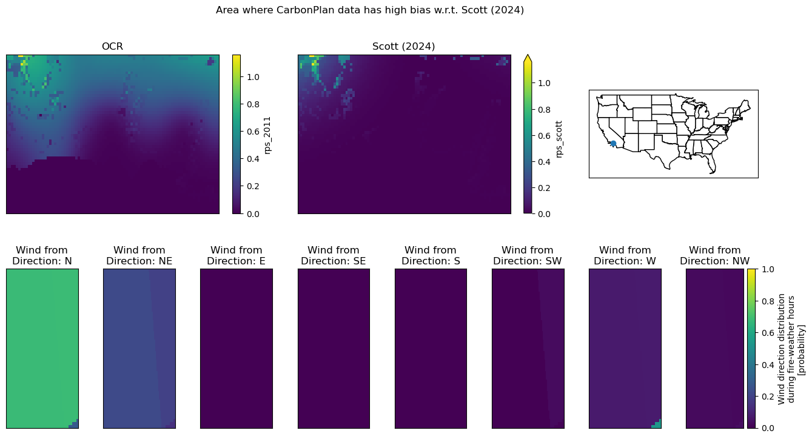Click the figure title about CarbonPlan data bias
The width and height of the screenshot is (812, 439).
point(370,10)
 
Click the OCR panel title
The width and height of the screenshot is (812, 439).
point(112,47)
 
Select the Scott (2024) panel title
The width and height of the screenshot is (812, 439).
point(403,47)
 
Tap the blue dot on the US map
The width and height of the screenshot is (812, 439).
point(613,144)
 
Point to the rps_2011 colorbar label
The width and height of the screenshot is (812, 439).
point(267,135)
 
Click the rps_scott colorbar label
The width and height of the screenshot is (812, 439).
point(559,139)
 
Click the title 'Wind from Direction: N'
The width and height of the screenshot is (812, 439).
point(42,255)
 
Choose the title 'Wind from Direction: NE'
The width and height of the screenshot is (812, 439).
point(139,255)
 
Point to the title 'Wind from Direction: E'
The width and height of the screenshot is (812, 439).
point(237,255)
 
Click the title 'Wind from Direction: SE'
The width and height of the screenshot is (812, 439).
point(334,255)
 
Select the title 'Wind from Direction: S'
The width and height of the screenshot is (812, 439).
point(431,255)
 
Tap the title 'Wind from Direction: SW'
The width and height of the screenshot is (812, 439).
point(528,255)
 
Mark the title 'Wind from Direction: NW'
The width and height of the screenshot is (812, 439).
point(715,255)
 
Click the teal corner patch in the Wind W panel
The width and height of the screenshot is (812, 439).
point(657,424)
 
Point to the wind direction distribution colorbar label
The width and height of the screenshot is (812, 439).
point(791,349)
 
